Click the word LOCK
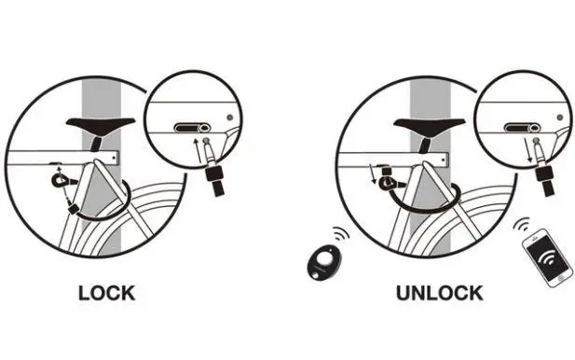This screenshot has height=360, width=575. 107,293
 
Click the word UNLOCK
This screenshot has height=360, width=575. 439,293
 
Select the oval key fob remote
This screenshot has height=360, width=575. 323,262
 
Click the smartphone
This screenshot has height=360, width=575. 547,258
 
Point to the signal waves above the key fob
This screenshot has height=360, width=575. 341,234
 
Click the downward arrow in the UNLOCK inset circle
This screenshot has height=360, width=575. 527,150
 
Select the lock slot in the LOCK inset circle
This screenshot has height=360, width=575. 192,128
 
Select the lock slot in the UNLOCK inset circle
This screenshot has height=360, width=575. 522,128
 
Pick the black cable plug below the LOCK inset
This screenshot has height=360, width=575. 215,180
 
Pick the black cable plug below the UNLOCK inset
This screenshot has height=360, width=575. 545,180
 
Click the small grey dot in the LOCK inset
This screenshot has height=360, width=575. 230,118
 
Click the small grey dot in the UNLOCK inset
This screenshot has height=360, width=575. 559,118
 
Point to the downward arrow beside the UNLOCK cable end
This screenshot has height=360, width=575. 372,173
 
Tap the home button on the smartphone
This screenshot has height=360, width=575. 561,279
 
